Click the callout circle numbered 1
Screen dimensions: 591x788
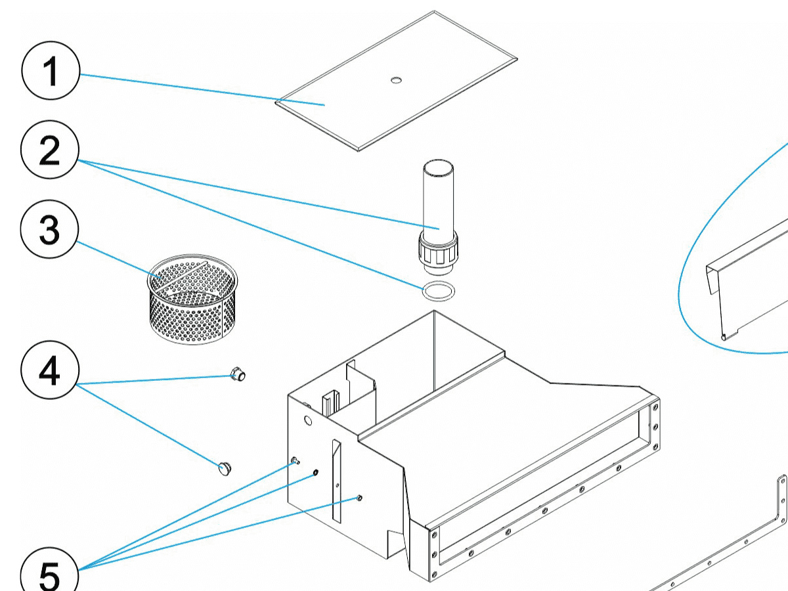51,72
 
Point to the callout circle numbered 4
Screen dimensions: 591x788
50,372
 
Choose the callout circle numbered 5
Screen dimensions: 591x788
50,573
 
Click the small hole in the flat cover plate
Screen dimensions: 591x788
395,80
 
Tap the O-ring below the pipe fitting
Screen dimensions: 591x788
436,290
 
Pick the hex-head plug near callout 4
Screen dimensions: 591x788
238,376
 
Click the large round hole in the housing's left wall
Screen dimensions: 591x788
309,419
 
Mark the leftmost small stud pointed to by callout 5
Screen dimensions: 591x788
295,460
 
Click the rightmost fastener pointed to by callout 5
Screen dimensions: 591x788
359,498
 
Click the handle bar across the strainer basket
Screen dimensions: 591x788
181,274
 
